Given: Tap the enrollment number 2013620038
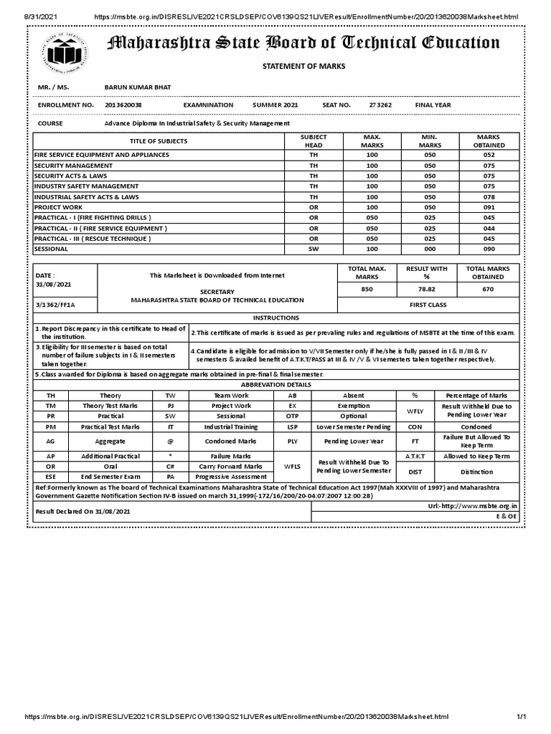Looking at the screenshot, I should [123, 105].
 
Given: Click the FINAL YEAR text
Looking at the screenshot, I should [433, 105].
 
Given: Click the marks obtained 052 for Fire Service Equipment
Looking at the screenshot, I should [489, 155].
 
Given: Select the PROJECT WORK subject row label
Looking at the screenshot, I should [59, 206].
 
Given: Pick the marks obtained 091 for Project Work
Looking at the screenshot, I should [489, 206].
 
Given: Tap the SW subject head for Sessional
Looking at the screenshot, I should [313, 249].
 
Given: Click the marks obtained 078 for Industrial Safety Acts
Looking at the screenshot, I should [489, 196].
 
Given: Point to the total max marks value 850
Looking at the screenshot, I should [367, 290].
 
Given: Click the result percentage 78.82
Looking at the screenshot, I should [427, 290].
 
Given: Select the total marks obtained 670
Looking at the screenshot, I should [489, 290].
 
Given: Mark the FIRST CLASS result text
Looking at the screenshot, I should [427, 305].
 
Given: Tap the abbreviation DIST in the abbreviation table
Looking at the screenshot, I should [415, 472].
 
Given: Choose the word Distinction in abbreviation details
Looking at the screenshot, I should [477, 472].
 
